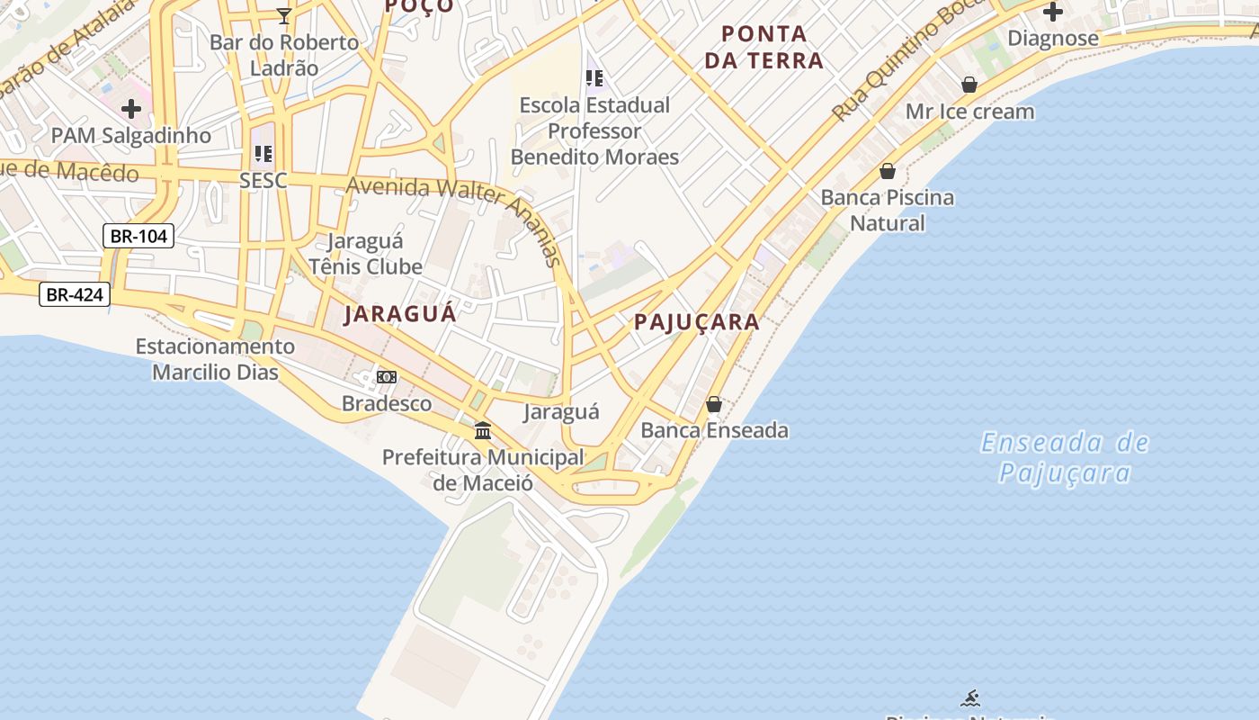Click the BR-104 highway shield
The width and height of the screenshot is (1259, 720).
coord(138,237)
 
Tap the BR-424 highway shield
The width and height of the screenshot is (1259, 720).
coord(75,294)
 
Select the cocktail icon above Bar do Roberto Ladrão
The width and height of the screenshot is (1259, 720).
coord(284,15)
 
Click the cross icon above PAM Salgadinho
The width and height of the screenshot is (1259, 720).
coord(131,109)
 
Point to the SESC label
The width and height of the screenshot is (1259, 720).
coord(263,180)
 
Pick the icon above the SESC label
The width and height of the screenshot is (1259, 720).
coord(263,154)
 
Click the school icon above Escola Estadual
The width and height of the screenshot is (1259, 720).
coord(594,78)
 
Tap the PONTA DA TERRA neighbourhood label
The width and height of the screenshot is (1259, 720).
coord(763,48)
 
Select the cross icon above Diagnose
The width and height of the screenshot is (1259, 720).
coord(1052,12)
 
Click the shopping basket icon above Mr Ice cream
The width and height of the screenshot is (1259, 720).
coord(969,85)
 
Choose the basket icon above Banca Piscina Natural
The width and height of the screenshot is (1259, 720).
coord(888,171)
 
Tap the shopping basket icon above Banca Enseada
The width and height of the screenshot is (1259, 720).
coord(714,404)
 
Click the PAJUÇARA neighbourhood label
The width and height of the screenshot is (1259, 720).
coord(697,322)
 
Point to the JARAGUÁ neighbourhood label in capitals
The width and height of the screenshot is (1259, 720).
coord(400,313)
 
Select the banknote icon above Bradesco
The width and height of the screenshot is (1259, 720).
coord(387,376)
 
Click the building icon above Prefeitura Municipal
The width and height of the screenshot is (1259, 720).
coord(483,430)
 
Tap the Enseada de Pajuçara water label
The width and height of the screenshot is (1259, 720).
coord(1065,457)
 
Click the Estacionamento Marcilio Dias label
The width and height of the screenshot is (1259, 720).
coord(215,359)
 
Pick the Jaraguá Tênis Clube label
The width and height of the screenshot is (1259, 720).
coord(365,254)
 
